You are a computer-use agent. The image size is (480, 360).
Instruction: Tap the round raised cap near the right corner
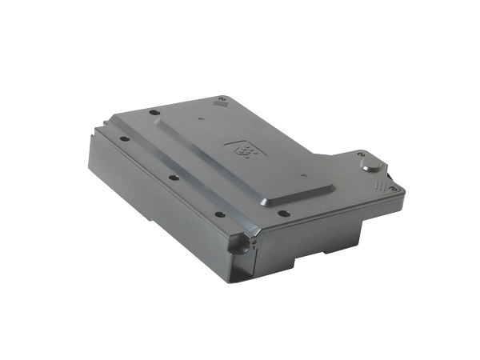pos(370,165)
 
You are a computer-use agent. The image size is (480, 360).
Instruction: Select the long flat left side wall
pos(152,208)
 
